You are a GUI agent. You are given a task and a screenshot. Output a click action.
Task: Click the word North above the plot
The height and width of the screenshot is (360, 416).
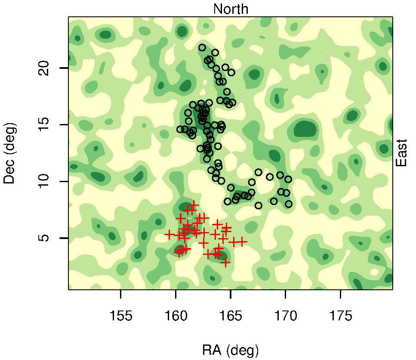(231, 9)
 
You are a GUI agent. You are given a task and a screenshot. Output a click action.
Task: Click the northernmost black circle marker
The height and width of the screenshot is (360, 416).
(202, 47)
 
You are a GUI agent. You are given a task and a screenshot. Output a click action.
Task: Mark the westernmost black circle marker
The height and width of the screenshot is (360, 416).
(180, 129)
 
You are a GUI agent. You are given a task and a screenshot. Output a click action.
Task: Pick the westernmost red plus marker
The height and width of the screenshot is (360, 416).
(169, 234)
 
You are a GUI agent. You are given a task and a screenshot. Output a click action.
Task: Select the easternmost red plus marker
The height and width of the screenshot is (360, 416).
(243, 242)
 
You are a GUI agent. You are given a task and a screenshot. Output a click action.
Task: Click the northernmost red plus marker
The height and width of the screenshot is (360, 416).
(194, 205)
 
